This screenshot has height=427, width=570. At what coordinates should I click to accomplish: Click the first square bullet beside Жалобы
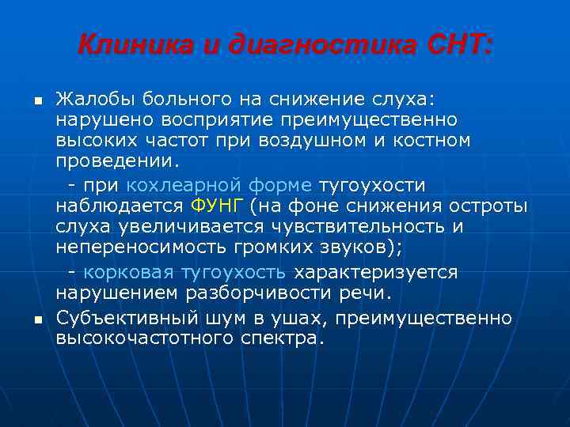coord(36,100)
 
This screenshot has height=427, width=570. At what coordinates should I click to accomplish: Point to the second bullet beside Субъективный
coord(36,319)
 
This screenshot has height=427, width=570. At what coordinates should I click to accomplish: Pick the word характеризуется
coord(375,273)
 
